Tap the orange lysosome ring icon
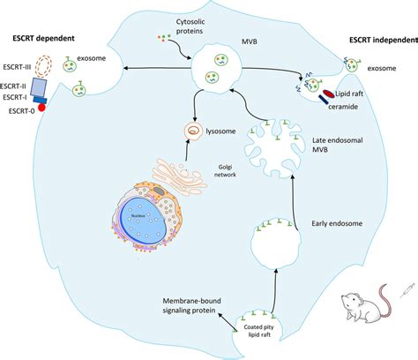point(195,129)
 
